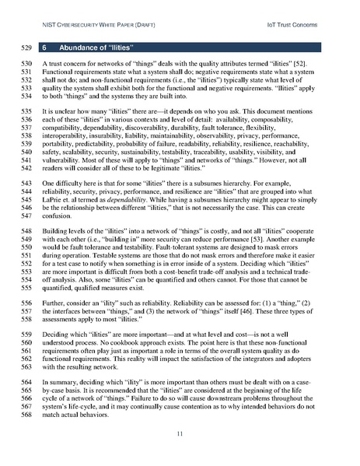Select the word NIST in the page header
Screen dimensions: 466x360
pos(50,15)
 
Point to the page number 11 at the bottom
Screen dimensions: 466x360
pos(179,433)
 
